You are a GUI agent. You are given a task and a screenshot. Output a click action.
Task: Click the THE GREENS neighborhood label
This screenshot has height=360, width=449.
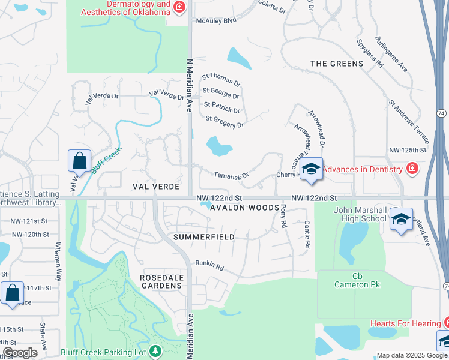(337, 64)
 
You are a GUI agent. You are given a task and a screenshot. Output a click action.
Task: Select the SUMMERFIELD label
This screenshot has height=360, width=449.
(203, 237)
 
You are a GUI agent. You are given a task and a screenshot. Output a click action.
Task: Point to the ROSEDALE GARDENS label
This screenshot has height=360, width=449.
(161, 281)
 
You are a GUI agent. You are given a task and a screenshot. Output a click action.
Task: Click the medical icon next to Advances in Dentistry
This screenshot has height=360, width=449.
(412, 169)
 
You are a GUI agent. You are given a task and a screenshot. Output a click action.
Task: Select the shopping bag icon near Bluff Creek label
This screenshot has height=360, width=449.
(79, 161)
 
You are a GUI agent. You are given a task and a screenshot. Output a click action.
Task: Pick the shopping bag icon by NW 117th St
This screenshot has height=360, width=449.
(12, 293)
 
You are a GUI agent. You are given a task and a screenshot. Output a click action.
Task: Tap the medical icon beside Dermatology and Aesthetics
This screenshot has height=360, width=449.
(179, 7)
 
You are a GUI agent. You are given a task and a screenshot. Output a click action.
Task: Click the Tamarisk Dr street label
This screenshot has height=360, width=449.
(231, 175)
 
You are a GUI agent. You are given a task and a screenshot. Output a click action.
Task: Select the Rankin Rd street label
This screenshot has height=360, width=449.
(209, 264)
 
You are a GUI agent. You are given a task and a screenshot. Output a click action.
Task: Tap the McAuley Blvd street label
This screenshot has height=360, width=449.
(216, 20)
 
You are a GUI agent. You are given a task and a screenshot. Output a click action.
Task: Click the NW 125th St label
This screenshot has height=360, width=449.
(408, 149)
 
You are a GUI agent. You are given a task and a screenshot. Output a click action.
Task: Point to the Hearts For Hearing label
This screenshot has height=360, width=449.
(405, 323)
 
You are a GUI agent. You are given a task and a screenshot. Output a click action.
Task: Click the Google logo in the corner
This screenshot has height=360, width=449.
(20, 353)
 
